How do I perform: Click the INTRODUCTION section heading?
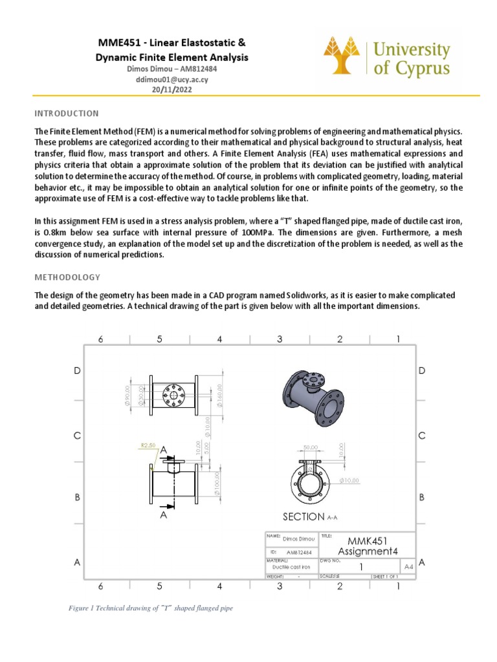click(x=67, y=113)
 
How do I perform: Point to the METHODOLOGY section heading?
click(x=67, y=277)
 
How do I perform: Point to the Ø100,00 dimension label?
click(x=218, y=482)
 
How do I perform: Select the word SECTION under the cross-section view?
click(x=304, y=517)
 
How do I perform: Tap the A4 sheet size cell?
click(x=408, y=566)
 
